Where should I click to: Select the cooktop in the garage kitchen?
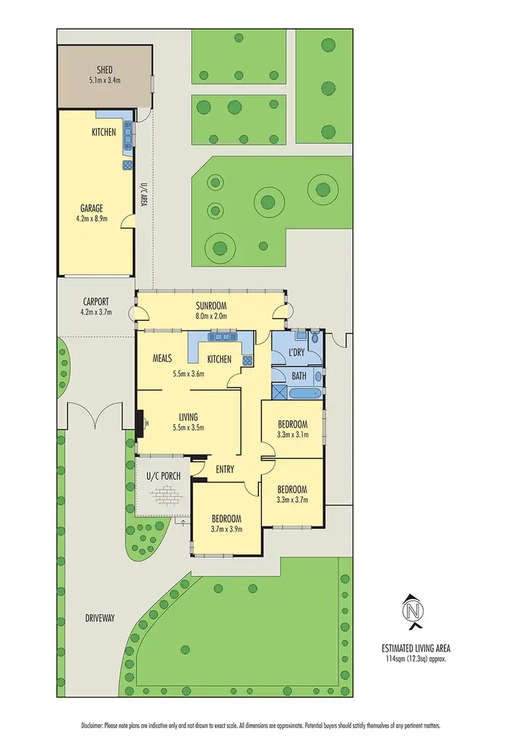tap(128, 165)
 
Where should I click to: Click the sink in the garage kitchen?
tap(128, 134)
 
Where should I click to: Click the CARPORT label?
tap(96, 302)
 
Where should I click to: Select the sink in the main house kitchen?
tap(221, 337)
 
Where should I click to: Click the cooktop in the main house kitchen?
tap(248, 360)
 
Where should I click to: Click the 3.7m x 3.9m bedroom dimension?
tap(226, 529)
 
